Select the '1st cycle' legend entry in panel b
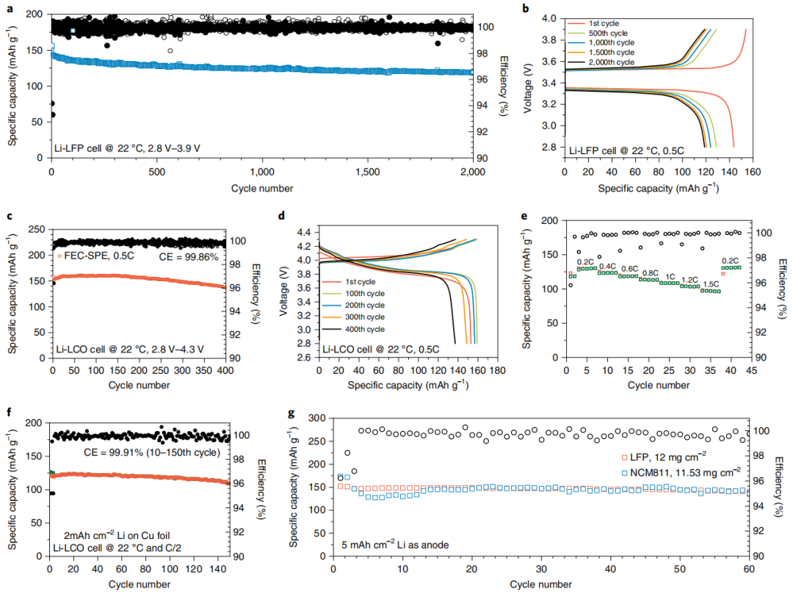coord(605,23)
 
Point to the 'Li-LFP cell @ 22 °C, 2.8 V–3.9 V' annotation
coord(127,148)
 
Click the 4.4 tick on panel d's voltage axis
coord(303,231)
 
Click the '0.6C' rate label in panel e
coord(630,269)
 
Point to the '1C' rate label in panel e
coord(670,276)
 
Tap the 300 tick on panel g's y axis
coord(317,418)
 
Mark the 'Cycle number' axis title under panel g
coord(540,585)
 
